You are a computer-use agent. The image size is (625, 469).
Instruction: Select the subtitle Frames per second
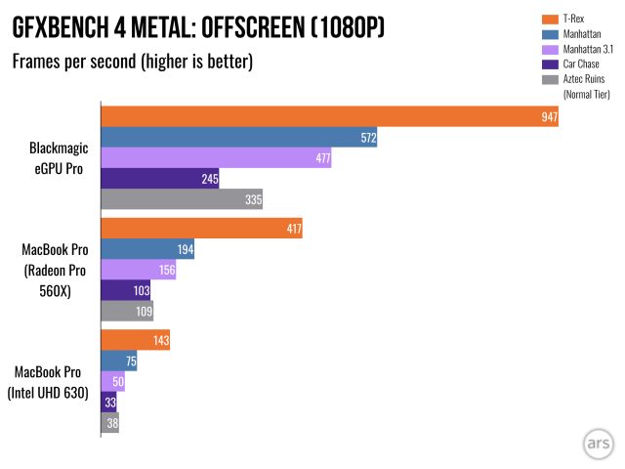coord(133,64)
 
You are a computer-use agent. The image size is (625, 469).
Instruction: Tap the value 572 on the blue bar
coord(368,138)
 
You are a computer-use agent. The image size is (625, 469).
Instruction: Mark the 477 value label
coord(322,158)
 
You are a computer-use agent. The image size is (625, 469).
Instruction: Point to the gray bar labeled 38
coord(108,424)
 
